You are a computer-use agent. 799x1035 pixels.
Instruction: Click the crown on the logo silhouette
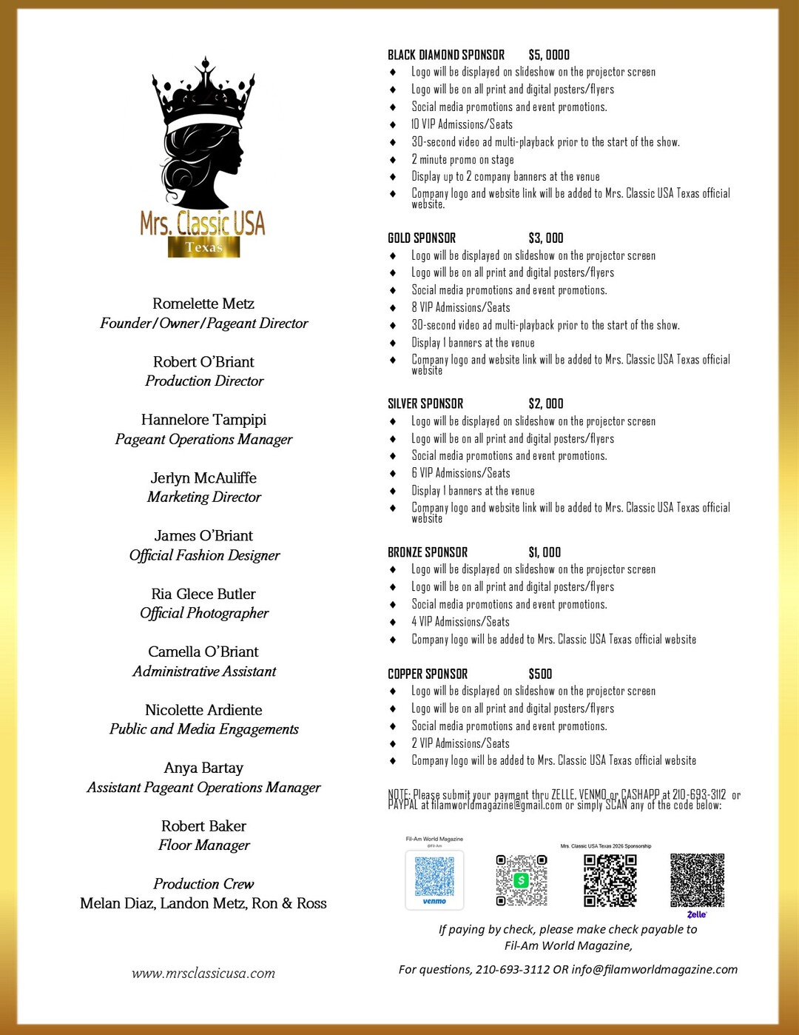(203, 93)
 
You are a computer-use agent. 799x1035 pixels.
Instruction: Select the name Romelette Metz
(203, 304)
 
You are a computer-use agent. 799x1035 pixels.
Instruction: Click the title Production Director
(204, 381)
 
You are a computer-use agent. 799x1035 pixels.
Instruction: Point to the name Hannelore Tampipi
(203, 420)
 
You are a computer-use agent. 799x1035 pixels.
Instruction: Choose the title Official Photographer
(204, 613)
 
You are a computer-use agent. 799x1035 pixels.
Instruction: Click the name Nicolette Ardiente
(203, 710)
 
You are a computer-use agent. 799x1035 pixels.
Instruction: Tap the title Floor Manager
(204, 845)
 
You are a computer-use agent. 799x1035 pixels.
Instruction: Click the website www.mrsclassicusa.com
(203, 974)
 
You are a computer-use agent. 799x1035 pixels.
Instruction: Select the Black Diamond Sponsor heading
(446, 55)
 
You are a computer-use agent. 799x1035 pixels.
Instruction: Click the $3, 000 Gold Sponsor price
(546, 238)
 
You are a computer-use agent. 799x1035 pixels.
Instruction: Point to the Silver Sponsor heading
(425, 403)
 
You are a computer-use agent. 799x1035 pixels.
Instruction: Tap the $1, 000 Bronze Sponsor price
(545, 552)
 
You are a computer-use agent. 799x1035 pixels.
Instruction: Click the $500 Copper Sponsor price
(540, 674)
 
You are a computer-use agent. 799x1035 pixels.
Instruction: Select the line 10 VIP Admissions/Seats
(462, 124)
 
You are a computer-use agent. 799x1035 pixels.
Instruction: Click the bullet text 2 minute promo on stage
(463, 160)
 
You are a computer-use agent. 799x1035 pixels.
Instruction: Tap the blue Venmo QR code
(434, 879)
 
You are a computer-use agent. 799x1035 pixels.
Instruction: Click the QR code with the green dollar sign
(522, 880)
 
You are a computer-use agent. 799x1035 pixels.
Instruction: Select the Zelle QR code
(697, 880)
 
